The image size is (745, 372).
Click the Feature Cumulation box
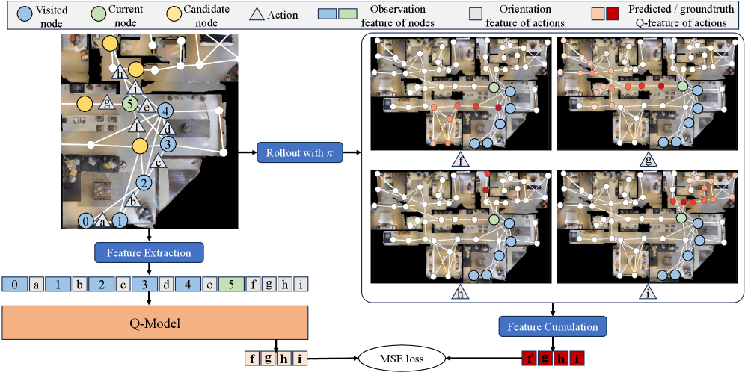(553, 326)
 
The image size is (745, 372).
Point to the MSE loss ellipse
(403, 359)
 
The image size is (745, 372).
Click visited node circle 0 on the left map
(88, 221)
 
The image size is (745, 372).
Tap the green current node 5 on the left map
(131, 104)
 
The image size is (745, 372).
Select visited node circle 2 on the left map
(144, 182)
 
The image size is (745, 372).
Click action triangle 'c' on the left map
(158, 161)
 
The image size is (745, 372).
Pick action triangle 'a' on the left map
(103, 221)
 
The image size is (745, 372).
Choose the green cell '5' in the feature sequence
(231, 285)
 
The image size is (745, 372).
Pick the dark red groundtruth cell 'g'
(545, 359)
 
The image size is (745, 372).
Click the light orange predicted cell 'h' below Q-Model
(283, 359)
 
